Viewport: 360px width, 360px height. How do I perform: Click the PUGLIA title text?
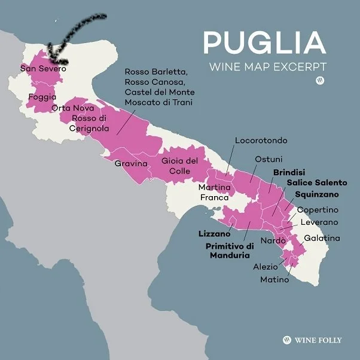tap(264, 42)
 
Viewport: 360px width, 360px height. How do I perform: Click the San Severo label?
tap(43, 69)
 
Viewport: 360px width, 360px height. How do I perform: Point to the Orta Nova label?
tap(73, 108)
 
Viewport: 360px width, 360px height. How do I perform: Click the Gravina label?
tap(130, 163)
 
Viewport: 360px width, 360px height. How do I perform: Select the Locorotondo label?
tap(261, 141)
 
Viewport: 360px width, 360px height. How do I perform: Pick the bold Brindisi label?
tap(289, 172)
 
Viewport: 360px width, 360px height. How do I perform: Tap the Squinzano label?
tap(316, 194)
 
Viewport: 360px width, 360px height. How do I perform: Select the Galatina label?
tap(322, 238)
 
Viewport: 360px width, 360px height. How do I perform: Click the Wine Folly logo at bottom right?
tap(312, 340)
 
